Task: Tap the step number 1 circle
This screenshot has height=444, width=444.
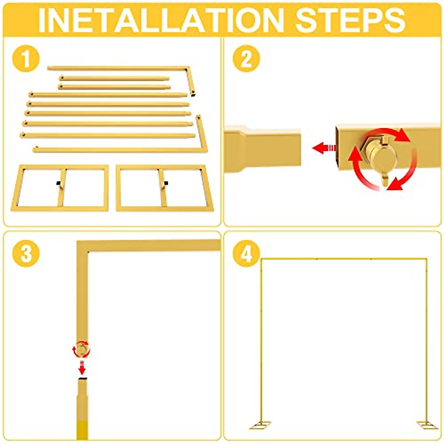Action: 26,58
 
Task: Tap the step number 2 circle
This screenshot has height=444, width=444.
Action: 246,58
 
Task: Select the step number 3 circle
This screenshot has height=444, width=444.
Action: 26,254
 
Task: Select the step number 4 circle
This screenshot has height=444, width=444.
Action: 246,254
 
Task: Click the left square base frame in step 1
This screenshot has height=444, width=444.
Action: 60,188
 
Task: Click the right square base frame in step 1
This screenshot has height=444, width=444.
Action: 165,188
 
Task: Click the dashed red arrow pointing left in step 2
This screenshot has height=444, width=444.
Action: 324,148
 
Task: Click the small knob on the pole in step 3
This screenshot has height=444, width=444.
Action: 81,349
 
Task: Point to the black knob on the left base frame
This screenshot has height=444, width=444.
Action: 58,183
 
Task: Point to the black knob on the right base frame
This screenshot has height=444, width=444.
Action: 166,183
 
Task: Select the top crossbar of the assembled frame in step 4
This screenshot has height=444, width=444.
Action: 344,259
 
